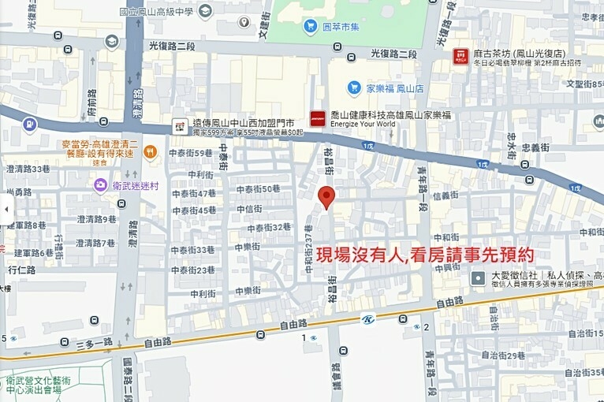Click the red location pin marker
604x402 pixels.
click(326, 197)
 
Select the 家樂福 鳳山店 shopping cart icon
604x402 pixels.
click(354, 87)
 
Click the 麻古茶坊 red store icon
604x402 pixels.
click(460, 55)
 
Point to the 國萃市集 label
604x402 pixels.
click(341, 27)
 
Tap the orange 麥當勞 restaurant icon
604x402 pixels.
click(151, 151)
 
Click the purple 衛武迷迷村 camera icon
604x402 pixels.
click(100, 184)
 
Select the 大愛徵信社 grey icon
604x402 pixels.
click(478, 277)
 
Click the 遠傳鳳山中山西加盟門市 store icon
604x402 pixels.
click(179, 125)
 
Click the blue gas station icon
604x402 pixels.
click(30, 124)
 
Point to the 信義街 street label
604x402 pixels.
click(445, 196)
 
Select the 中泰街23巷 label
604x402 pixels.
click(194, 270)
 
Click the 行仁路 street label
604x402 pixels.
click(22, 270)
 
